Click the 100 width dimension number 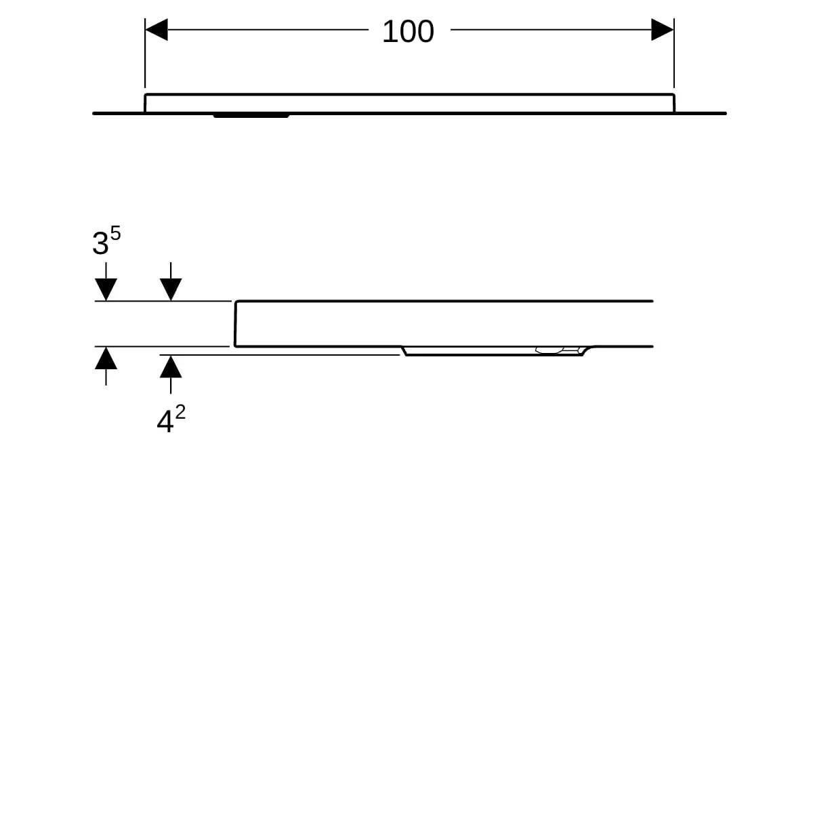pyautogui.click(x=408, y=32)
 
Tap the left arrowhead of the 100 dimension pyautogui.click(x=157, y=30)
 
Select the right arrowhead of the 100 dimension pyautogui.click(x=662, y=30)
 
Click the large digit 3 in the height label pyautogui.click(x=100, y=243)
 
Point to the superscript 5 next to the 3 pyautogui.click(x=116, y=233)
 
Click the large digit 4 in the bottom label pyautogui.click(x=165, y=421)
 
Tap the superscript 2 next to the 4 pyautogui.click(x=180, y=412)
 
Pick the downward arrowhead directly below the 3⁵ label pyautogui.click(x=106, y=289)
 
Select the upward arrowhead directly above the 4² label pyautogui.click(x=171, y=367)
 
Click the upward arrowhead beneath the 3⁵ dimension pyautogui.click(x=106, y=358)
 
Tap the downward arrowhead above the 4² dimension pyautogui.click(x=171, y=289)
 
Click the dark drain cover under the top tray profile pyautogui.click(x=251, y=116)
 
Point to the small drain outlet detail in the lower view pyautogui.click(x=550, y=350)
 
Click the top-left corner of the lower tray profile pyautogui.click(x=236, y=301)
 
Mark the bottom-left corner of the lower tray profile pyautogui.click(x=235, y=346)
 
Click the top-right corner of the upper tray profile pyautogui.click(x=673, y=94)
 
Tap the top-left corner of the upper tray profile pyautogui.click(x=146, y=94)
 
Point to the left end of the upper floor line pyautogui.click(x=93, y=114)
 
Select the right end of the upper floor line pyautogui.click(x=725, y=114)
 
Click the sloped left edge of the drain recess pyautogui.click(x=404, y=351)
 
